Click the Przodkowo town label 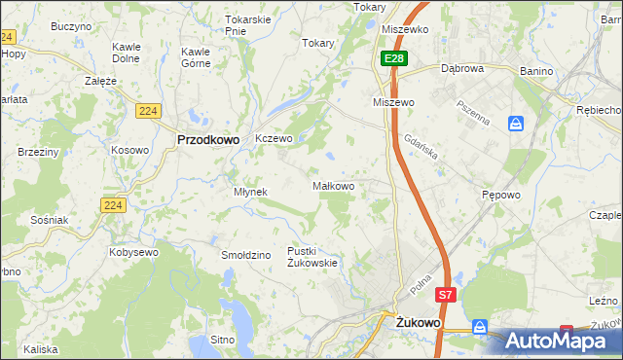click(208, 139)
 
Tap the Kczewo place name click(274, 139)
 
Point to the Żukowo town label click(419, 320)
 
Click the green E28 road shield click(393, 59)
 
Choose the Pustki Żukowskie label click(311, 256)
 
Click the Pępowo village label click(501, 195)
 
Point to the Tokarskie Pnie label click(246, 24)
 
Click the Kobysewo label click(134, 252)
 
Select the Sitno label click(223, 341)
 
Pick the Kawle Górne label click(198, 57)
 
